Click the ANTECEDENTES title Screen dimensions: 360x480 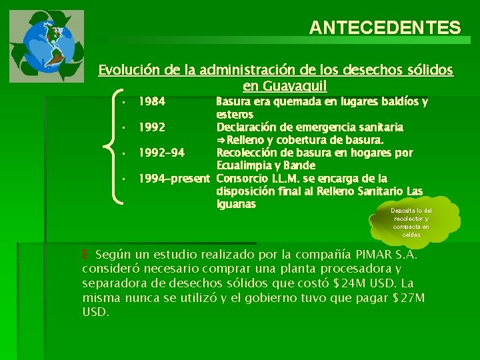pos(385,27)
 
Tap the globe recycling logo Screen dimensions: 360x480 pos(47,45)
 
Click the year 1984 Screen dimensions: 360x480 pos(152,102)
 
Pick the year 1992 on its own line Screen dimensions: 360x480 pos(152,127)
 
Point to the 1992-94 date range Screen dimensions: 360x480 pos(161,153)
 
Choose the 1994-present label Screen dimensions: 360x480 pos(174,178)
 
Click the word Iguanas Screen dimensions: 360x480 pos(236,204)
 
